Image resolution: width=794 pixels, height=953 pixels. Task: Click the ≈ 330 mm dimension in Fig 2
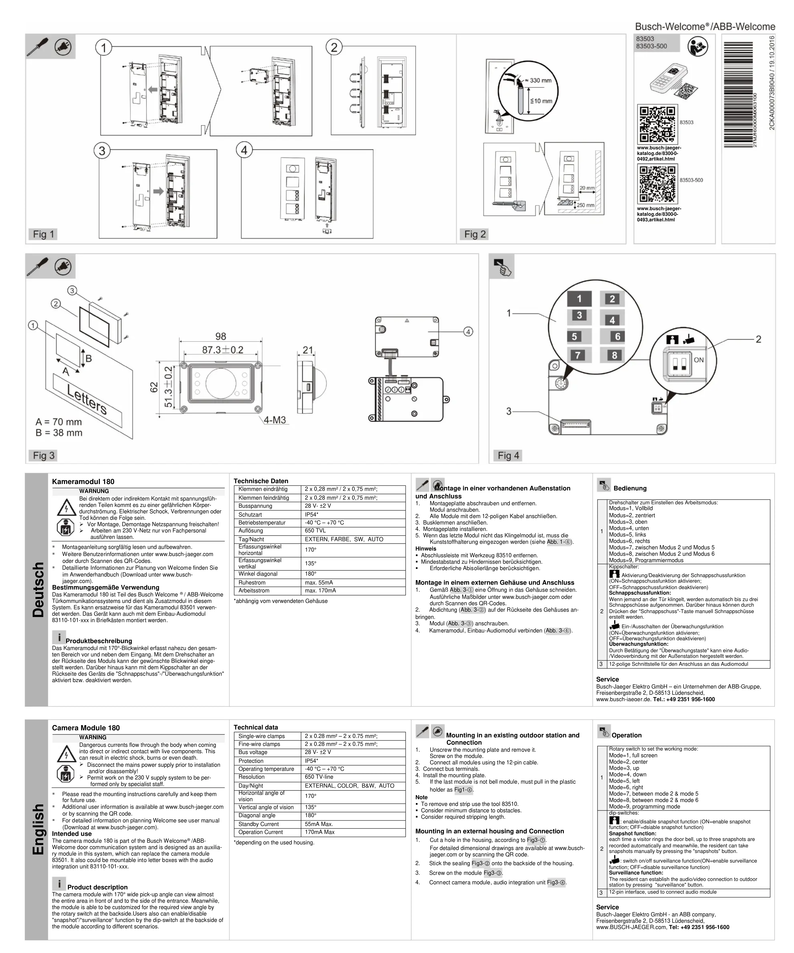tap(541, 80)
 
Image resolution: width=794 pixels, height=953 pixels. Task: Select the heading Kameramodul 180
tap(83, 482)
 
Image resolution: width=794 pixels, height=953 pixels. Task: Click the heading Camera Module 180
tap(86, 728)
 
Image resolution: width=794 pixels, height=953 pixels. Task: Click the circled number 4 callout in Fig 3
tap(468, 332)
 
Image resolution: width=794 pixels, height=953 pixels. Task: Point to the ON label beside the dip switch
tap(699, 360)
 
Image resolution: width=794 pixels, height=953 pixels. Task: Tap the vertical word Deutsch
tap(38, 589)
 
